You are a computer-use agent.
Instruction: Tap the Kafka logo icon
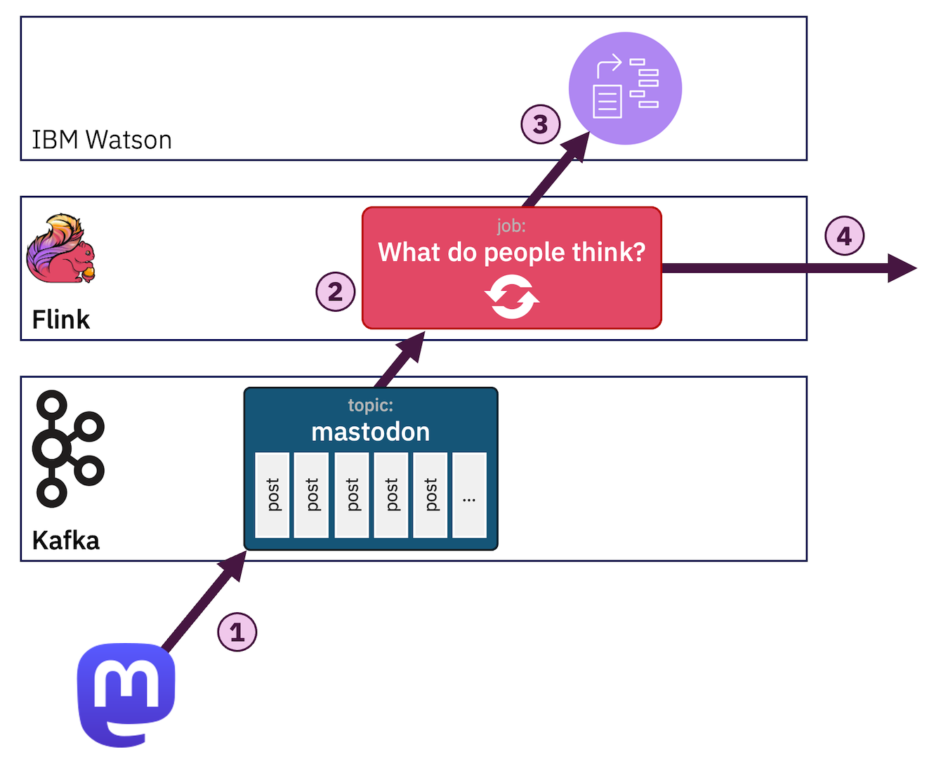[67, 449]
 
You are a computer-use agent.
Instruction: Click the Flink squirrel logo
[60, 249]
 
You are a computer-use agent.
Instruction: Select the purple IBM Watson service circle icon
[625, 88]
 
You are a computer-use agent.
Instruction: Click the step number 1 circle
[237, 632]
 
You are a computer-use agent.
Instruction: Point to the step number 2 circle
[335, 291]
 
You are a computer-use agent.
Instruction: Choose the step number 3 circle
[540, 124]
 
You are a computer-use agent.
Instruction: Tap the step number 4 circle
[844, 236]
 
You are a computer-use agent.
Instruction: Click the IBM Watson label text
[102, 140]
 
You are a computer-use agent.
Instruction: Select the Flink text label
[61, 319]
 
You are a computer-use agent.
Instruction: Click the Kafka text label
[66, 541]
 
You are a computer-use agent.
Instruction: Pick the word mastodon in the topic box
[370, 432]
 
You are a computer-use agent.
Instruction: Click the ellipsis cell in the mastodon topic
[469, 496]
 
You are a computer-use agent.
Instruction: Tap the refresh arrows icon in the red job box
[512, 296]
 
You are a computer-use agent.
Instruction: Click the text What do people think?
[511, 252]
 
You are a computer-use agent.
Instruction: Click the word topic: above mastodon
[370, 405]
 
